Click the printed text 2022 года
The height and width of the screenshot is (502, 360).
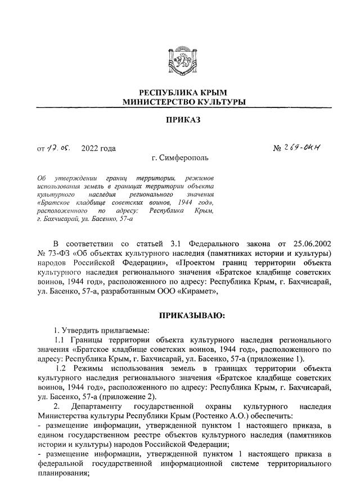point(98,148)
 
